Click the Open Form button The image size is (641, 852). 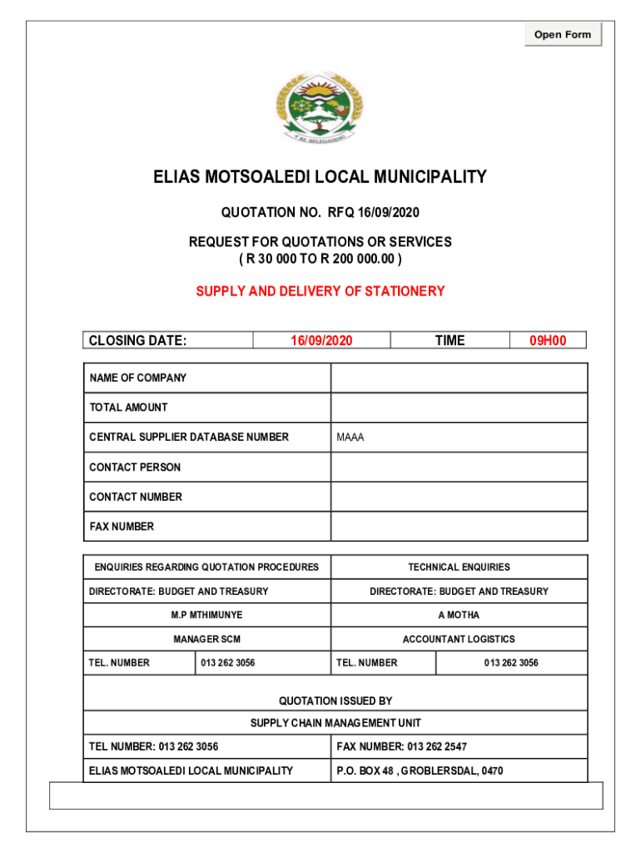(563, 34)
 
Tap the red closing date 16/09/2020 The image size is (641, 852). (321, 340)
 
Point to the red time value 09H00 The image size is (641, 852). (548, 340)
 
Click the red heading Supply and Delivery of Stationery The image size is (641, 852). (320, 291)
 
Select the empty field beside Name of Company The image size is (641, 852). (459, 378)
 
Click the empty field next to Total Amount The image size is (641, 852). (459, 408)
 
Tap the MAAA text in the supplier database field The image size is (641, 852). (350, 438)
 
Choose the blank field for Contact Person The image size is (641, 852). (459, 468)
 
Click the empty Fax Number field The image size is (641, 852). (459, 527)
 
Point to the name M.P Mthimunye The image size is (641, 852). (206, 615)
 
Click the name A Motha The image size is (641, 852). (459, 615)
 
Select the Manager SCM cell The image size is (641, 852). (206, 639)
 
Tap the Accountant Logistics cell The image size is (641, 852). (459, 639)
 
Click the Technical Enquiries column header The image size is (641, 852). (459, 567)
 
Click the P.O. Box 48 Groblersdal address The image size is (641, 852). (420, 771)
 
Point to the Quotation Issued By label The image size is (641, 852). (335, 701)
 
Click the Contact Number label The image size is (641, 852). (136, 497)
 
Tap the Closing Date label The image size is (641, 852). (138, 340)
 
